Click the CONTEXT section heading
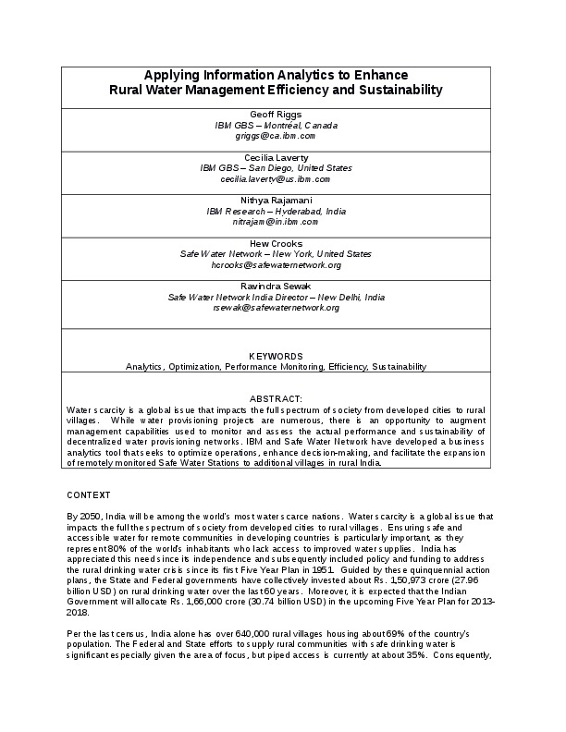click(89, 494)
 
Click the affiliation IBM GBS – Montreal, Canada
click(276, 125)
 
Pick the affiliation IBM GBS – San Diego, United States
click(276, 168)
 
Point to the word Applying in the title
click(173, 74)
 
